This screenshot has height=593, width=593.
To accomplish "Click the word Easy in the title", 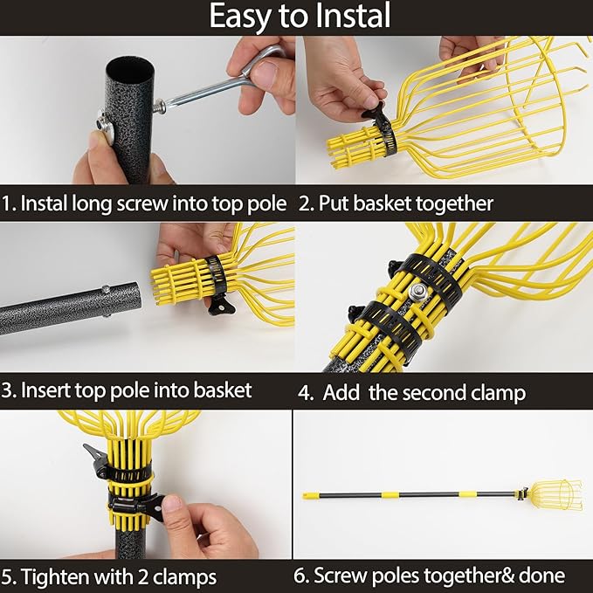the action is pos(240,16).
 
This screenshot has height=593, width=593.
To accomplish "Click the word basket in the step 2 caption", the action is pos(382,203).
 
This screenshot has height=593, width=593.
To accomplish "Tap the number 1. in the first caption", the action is pos(9,203).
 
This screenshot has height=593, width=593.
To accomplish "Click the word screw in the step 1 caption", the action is pos(142,204).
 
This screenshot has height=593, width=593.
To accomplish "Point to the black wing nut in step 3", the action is pos(221,306).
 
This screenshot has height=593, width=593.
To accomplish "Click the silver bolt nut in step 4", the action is pos(418,291).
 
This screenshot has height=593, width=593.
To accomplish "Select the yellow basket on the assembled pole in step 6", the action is pos(556,494).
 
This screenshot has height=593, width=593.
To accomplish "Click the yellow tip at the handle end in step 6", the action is pos(310,495).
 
